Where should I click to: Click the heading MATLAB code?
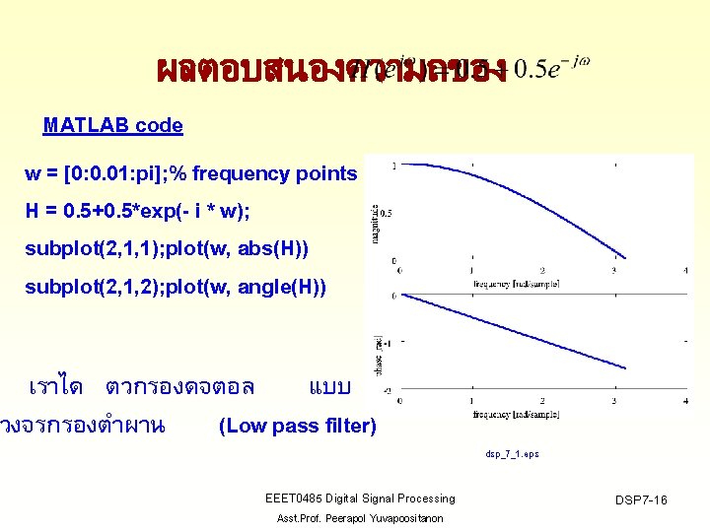(112, 125)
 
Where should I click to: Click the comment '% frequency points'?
(271, 174)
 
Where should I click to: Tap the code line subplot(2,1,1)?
(166, 249)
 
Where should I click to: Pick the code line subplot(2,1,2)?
(173, 287)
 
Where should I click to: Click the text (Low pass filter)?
(297, 426)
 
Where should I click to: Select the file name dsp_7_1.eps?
(512, 455)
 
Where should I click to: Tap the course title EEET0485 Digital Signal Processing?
(360, 499)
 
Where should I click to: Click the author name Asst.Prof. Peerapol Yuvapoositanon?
(360, 518)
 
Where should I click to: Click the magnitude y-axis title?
(375, 222)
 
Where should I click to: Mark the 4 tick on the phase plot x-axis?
(685, 402)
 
